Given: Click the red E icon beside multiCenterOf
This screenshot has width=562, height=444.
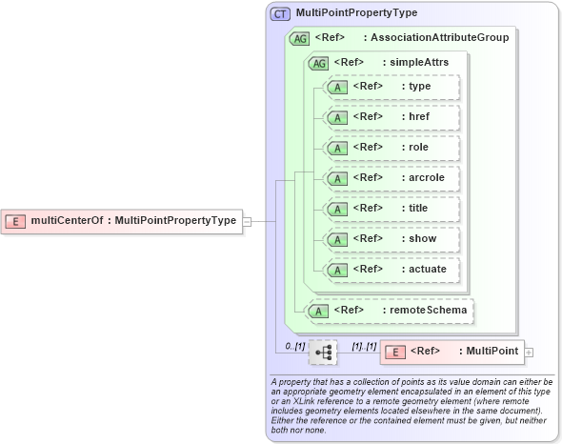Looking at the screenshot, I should [x=16, y=221].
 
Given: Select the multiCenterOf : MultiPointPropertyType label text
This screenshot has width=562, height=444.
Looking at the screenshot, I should [x=133, y=221].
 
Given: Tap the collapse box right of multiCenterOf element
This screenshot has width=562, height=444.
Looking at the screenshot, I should [x=247, y=221].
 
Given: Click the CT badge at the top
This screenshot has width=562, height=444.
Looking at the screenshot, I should [x=281, y=14].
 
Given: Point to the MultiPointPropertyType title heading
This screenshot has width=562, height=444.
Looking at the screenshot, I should [x=356, y=14].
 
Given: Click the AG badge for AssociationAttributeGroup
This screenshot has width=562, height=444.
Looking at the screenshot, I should [x=301, y=38].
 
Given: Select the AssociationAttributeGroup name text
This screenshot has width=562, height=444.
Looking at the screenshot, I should [x=439, y=38].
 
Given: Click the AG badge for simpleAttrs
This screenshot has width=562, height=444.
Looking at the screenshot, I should [x=318, y=63].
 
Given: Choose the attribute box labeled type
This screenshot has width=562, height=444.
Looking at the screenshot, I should [x=391, y=87].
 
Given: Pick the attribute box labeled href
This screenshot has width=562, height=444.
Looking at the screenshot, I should [x=391, y=117].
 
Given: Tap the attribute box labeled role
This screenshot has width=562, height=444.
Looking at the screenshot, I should [x=391, y=148].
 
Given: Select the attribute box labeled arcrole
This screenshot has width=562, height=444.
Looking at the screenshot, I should [x=391, y=178].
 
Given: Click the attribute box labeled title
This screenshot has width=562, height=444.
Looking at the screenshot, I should [x=391, y=209].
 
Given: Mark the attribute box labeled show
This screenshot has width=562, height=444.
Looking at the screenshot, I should [x=391, y=239].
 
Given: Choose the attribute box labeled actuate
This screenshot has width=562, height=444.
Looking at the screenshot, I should [x=391, y=270].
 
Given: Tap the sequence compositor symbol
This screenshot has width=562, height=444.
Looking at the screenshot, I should [x=324, y=352].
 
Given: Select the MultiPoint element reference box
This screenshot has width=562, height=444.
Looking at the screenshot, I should [x=452, y=352].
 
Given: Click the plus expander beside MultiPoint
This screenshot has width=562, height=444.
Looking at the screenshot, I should [x=530, y=353].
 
